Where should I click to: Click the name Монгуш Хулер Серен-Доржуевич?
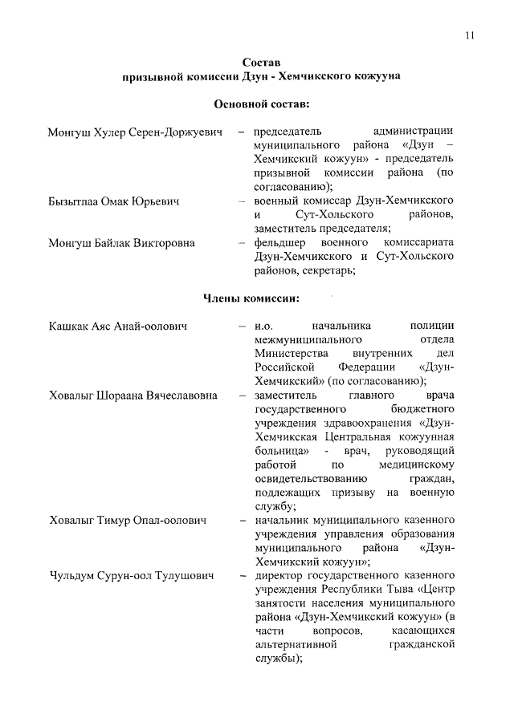click(134, 131)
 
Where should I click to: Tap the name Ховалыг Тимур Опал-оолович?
click(127, 521)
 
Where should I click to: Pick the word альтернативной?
click(294, 644)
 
